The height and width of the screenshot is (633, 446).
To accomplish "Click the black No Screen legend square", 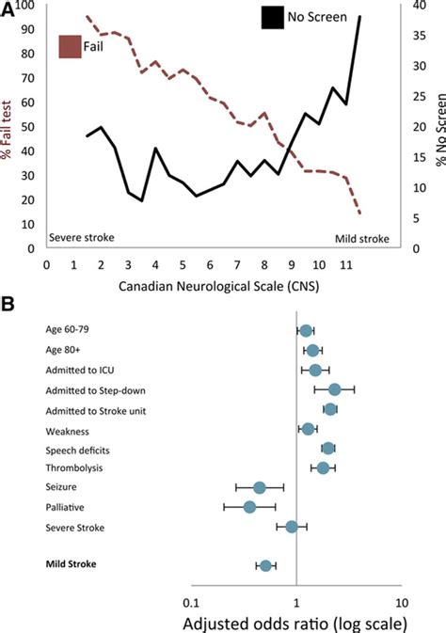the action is [272, 18].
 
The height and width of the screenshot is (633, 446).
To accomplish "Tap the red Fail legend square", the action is [70, 47].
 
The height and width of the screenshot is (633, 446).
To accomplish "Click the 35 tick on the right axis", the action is [420, 36].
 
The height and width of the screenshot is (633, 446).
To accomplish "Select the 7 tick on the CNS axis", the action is [237, 265].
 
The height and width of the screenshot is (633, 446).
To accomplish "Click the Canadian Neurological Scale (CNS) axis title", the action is [218, 286].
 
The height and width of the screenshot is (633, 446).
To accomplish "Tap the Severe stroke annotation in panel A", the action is [82, 237].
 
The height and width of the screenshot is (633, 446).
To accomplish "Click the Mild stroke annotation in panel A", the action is [362, 239].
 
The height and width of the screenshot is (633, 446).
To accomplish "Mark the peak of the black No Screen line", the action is [359, 16].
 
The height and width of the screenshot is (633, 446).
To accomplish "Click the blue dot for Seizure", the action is [260, 487].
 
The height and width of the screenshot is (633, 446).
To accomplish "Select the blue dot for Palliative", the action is [249, 507].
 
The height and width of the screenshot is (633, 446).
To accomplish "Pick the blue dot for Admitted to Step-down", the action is [335, 389].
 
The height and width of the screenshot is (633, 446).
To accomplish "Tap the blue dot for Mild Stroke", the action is [265, 565].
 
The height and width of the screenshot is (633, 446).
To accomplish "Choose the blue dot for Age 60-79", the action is [306, 331].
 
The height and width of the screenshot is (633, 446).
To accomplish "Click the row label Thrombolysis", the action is [74, 468].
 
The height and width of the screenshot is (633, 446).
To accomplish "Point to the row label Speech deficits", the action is [77, 451].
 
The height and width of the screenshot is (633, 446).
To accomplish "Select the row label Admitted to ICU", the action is [80, 371].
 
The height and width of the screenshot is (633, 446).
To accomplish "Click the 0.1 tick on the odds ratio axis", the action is [191, 603].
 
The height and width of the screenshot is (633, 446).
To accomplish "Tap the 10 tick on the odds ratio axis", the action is [402, 603].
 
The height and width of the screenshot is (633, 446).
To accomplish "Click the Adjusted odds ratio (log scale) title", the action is [295, 624].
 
